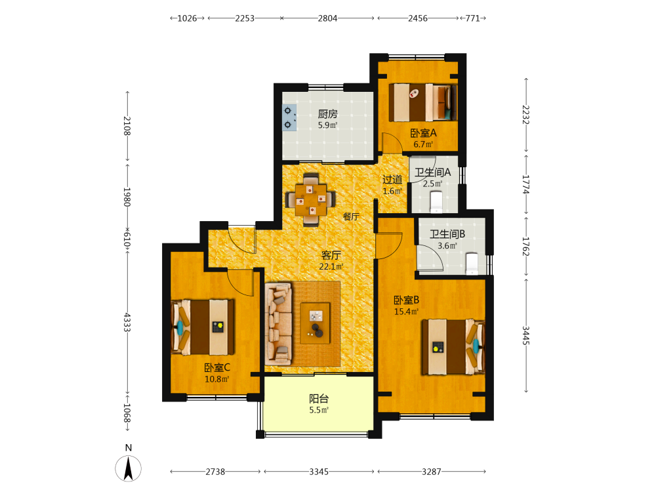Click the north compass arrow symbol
click(129, 468)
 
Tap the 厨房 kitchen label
click(327, 113)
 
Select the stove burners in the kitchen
click(289, 117)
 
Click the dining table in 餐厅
click(310, 199)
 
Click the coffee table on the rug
click(316, 323)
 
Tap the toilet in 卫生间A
click(436, 201)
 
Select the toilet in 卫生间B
click(472, 264)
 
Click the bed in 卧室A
click(423, 102)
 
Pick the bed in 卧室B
click(453, 347)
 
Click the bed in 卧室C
click(203, 327)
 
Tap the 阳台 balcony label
click(319, 399)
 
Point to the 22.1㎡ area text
click(331, 266)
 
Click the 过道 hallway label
click(392, 180)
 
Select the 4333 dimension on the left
click(127, 323)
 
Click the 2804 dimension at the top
click(327, 18)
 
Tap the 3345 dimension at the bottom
click(319, 472)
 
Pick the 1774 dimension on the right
click(526, 184)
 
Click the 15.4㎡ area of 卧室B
click(406, 312)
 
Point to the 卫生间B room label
click(447, 234)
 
